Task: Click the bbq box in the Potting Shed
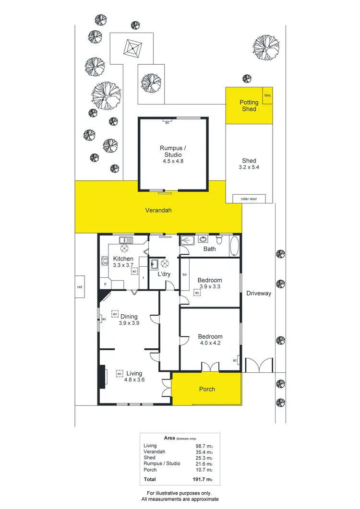(267, 95)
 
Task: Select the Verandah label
(158, 210)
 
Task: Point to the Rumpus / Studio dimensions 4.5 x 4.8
(174, 161)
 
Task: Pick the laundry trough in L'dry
(154, 264)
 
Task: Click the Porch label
(207, 389)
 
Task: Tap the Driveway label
(259, 293)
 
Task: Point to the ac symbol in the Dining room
(115, 314)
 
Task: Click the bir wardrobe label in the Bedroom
(184, 274)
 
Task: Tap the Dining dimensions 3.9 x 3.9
(129, 323)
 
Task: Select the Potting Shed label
(249, 106)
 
